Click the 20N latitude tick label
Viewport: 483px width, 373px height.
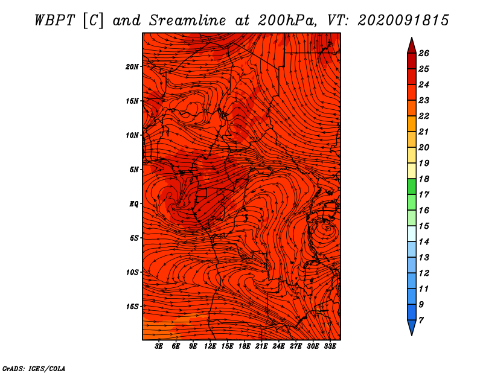pos(132,67)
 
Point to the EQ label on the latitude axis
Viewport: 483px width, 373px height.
pos(133,204)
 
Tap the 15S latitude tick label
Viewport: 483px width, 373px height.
pos(132,307)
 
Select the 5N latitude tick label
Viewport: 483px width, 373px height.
pos(134,170)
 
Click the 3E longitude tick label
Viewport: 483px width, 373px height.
pos(159,346)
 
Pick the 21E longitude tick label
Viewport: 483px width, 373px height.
pos(261,346)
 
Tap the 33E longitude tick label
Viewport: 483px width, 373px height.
pos(330,346)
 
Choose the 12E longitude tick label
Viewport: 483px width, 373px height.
pos(210,346)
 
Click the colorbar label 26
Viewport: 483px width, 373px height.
pos(424,53)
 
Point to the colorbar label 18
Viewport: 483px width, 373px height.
pos(424,179)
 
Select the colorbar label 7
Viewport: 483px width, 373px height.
pos(421,320)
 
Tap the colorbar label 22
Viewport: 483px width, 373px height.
pos(424,116)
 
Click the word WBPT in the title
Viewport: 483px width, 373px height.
pos(54,21)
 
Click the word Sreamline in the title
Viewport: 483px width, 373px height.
pos(188,21)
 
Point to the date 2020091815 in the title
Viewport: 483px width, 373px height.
pos(403,21)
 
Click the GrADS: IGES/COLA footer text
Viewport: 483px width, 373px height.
pos(34,369)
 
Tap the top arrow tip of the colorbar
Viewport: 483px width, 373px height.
pos(412,37)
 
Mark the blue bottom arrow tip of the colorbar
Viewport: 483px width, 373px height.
pos(412,335)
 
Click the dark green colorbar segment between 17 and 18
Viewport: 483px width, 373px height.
pos(412,186)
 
